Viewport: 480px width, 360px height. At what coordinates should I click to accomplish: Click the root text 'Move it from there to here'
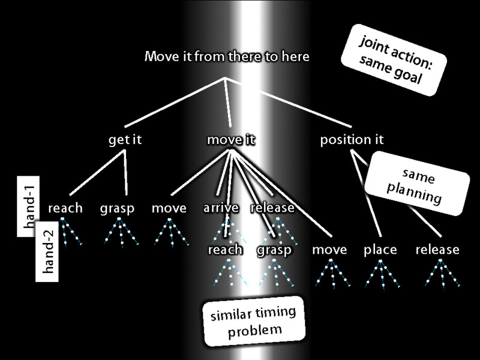point(227,57)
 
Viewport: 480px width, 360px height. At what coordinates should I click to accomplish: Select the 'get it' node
point(125,140)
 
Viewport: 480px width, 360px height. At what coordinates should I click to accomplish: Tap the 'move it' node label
point(231,140)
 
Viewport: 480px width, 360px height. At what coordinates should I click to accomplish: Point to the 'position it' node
point(352,140)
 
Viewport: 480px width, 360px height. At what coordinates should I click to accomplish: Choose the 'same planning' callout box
point(418,184)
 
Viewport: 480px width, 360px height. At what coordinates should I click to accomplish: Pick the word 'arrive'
point(221,208)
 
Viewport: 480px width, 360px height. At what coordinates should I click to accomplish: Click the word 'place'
point(380,250)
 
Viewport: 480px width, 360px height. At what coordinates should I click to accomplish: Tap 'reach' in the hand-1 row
point(65,208)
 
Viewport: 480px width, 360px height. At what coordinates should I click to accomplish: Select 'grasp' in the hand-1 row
point(118,208)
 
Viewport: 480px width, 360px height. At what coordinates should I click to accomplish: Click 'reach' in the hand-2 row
point(226,250)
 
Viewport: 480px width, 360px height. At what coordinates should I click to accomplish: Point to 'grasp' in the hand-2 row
point(275,250)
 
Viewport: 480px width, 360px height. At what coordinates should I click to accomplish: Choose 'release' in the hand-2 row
point(437,250)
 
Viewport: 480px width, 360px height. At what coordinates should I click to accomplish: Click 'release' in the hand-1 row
point(272,208)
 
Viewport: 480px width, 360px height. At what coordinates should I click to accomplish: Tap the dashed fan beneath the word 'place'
point(380,273)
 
